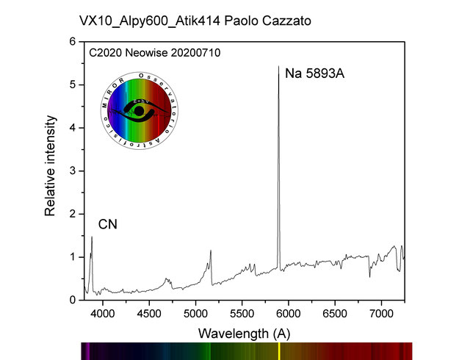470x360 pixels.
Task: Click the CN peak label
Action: pyautogui.click(x=108, y=223)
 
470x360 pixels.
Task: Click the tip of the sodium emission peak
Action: pyautogui.click(x=278, y=67)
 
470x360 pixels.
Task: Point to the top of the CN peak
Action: pyautogui.click(x=92, y=237)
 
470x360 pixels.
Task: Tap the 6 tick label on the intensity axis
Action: pyautogui.click(x=73, y=42)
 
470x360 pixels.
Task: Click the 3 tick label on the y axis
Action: pyautogui.click(x=73, y=171)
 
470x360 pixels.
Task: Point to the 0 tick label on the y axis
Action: pyautogui.click(x=73, y=300)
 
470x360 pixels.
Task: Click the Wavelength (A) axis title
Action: pyautogui.click(x=244, y=333)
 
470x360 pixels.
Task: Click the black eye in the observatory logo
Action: pyautogui.click(x=139, y=112)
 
